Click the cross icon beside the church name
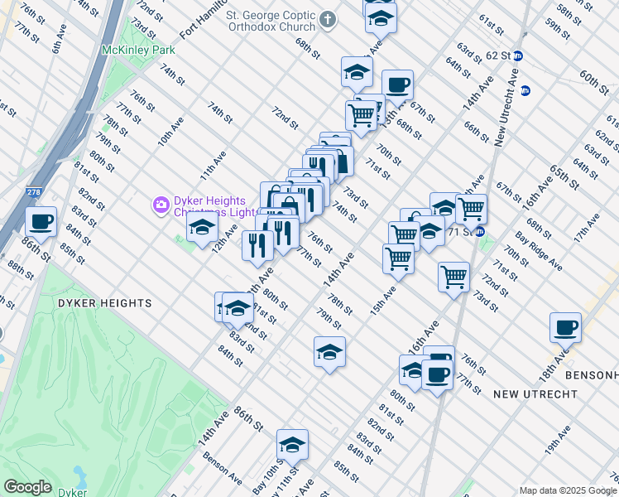[x=329, y=20]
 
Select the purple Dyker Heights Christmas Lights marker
[x=161, y=204]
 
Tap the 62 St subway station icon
[x=518, y=55]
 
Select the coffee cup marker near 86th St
[x=41, y=222]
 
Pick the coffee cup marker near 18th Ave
[x=565, y=327]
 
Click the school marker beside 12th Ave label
[x=202, y=230]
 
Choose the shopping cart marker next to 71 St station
[x=471, y=209]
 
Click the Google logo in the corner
[x=27, y=486]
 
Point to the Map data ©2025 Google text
[x=568, y=490]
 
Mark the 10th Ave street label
[x=170, y=130]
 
